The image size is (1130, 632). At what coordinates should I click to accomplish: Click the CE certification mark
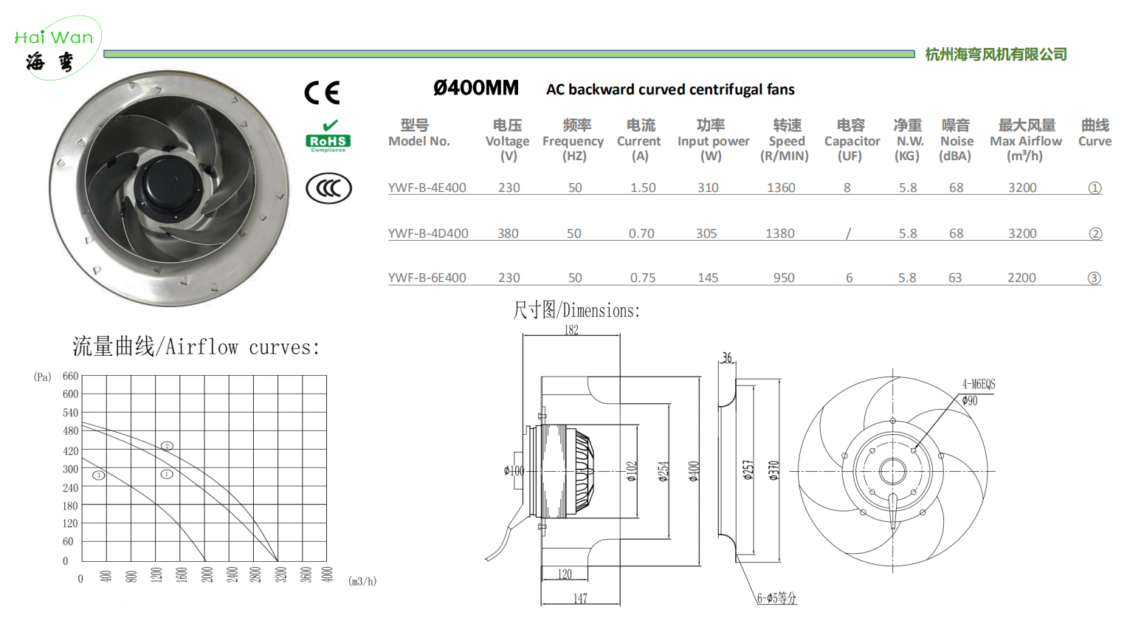pyautogui.click(x=323, y=92)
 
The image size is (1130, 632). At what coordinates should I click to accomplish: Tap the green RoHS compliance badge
pyautogui.click(x=328, y=137)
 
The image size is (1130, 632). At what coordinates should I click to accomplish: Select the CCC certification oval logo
pyautogui.click(x=328, y=188)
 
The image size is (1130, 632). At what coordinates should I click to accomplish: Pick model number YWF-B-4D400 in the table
pyautogui.click(x=428, y=233)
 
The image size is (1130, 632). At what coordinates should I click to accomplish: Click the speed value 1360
pyautogui.click(x=781, y=188)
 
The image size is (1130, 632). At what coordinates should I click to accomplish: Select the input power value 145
pyautogui.click(x=708, y=278)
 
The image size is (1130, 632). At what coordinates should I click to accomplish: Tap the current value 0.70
pyautogui.click(x=641, y=233)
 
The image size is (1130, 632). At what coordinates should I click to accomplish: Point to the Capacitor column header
pyautogui.click(x=852, y=140)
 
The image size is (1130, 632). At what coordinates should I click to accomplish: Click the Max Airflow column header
pyautogui.click(x=1026, y=140)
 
